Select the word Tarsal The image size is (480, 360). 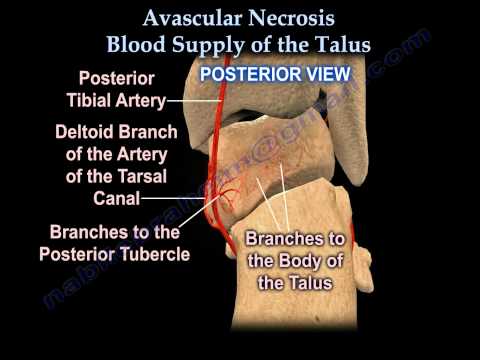coord(139,175)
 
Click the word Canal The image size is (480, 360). coord(113,198)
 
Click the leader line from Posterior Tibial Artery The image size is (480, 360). coord(195,100)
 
